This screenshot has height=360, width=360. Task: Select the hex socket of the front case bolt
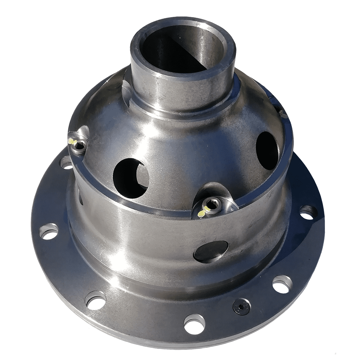pos(212,203)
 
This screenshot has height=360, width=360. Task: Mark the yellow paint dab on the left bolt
pos(72,141)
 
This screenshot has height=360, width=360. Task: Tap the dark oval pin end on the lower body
pos(211,251)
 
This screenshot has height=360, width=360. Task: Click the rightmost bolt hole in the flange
pos(308,212)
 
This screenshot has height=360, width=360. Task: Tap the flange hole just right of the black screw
pos(282,284)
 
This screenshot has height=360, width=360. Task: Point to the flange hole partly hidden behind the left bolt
pos(66,162)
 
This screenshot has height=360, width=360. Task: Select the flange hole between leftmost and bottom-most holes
pos(95,300)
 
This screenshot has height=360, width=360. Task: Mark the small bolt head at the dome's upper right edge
pos(281,112)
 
